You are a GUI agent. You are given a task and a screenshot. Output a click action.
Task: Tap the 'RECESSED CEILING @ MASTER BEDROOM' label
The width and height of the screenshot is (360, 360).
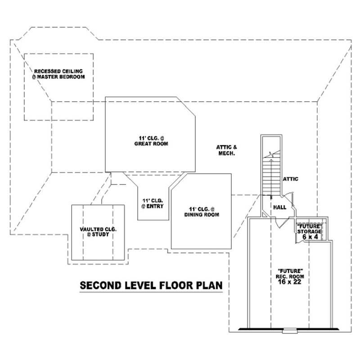coord(58,74)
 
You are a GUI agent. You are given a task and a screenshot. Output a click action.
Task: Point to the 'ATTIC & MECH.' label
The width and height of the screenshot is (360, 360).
coord(226,150)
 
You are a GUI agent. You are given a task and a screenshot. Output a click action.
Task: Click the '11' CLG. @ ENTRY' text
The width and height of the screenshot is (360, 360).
coord(152,203)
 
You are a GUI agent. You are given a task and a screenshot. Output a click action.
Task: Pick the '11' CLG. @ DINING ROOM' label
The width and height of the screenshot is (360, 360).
coord(201,212)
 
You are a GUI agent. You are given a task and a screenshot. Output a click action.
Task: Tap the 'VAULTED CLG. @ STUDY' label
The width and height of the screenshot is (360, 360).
coord(98,232)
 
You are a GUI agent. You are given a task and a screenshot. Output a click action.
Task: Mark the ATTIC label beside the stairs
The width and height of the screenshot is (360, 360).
coord(291,179)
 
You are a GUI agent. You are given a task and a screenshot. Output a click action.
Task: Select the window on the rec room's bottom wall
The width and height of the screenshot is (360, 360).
coord(286,332)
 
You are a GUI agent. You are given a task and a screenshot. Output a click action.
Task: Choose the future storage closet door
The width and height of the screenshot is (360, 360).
coord(300,238)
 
